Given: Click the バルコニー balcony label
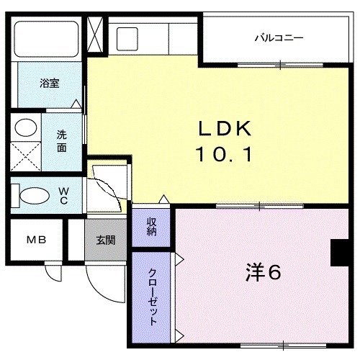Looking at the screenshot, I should (278, 37).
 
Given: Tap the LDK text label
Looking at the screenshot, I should (224, 130).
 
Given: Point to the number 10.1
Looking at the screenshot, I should (224, 153).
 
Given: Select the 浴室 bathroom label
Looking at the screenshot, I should (50, 83).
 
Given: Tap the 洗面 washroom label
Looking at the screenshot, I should (63, 140).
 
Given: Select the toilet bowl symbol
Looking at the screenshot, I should (32, 194).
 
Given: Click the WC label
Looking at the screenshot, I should (63, 194).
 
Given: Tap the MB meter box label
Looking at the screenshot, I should (36, 240).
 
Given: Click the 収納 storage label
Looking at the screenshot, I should (152, 226).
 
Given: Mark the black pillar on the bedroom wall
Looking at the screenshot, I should (337, 252).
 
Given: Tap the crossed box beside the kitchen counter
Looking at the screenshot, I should (94, 33).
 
